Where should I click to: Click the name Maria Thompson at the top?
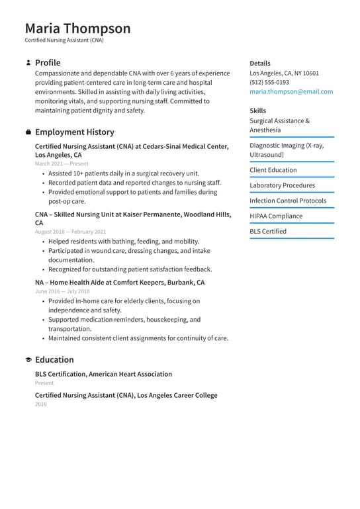pyautogui.click(x=78, y=28)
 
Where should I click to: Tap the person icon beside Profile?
pyautogui.click(x=28, y=63)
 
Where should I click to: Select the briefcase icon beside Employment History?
pyautogui.click(x=28, y=132)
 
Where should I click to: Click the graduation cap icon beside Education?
pyautogui.click(x=28, y=360)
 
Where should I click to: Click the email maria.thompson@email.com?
pyautogui.click(x=291, y=92)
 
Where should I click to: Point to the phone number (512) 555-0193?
pyautogui.click(x=269, y=83)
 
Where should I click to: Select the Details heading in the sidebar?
pyautogui.click(x=260, y=64)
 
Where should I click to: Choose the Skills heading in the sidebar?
pyautogui.click(x=258, y=111)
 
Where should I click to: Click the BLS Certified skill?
pyautogui.click(x=268, y=232)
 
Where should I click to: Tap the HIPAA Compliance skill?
pyautogui.click(x=276, y=216)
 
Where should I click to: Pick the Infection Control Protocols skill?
pyautogui.click(x=288, y=201)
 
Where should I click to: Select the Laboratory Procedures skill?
pyautogui.click(x=282, y=186)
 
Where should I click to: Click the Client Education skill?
pyautogui.click(x=273, y=170)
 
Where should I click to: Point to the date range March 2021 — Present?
pyautogui.click(x=62, y=163)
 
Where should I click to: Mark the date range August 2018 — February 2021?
pyautogui.click(x=70, y=232)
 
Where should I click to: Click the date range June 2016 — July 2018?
pyautogui.click(x=62, y=291)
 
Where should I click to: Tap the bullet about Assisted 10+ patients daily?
pyautogui.click(x=123, y=173)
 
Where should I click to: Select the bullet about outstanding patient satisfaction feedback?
pyautogui.click(x=130, y=269)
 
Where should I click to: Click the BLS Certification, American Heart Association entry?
pyautogui.click(x=103, y=374)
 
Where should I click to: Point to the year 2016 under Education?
pyautogui.click(x=41, y=404)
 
